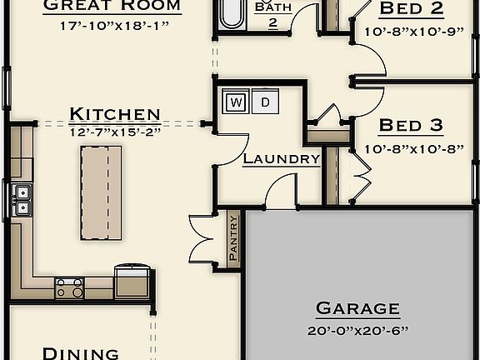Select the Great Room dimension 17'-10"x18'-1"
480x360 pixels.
(114, 26)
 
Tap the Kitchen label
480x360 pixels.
(115, 114)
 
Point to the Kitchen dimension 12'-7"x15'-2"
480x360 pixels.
(115, 131)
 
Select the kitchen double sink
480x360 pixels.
(22, 200)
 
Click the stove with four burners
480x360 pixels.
(69, 288)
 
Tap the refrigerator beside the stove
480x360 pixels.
(132, 282)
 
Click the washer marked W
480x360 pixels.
(237, 102)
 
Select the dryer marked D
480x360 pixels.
(265, 102)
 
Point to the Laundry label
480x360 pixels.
(281, 158)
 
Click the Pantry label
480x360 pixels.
(233, 239)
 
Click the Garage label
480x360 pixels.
(357, 308)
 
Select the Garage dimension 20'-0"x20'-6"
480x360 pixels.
(357, 330)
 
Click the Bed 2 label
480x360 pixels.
(411, 9)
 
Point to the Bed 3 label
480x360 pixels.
(411, 126)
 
